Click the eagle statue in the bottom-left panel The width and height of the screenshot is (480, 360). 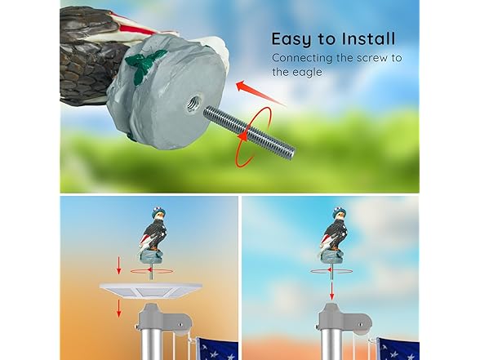(x=151, y=237)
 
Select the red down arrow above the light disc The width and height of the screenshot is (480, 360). (x=118, y=266)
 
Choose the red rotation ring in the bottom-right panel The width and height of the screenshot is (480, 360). (x=333, y=269)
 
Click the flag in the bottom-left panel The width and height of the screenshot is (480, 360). (x=217, y=349)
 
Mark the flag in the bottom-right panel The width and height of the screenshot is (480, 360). (x=400, y=349)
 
